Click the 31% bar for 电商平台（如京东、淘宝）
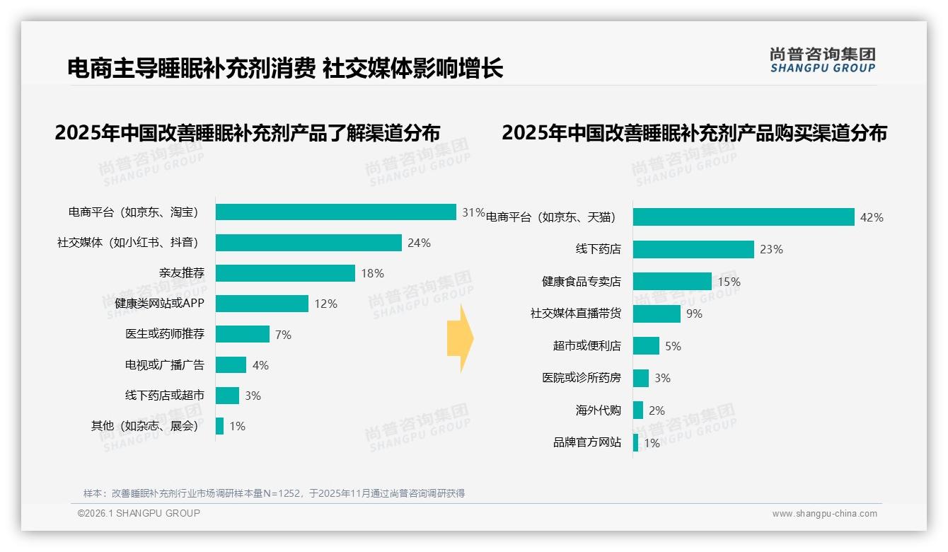tap(335, 212)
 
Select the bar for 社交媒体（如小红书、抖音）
tap(308, 243)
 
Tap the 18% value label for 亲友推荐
tap(372, 273)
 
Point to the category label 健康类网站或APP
tap(159, 304)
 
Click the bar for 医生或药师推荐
tap(243, 334)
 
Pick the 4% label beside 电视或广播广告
tap(260, 365)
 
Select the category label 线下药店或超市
tap(165, 395)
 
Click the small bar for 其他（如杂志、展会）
tap(220, 426)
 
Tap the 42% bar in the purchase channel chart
tap(744, 217)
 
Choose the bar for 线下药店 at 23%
tap(693, 249)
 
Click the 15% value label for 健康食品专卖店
tap(729, 282)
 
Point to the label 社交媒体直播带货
tap(576, 314)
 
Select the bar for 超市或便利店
tap(646, 346)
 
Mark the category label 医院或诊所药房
tap(582, 378)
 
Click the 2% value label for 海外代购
tap(657, 410)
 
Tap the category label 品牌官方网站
tap(587, 442)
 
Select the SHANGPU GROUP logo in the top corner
tap(823, 60)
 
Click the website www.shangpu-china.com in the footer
tap(824, 514)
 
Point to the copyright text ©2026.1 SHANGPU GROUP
tap(139, 513)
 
